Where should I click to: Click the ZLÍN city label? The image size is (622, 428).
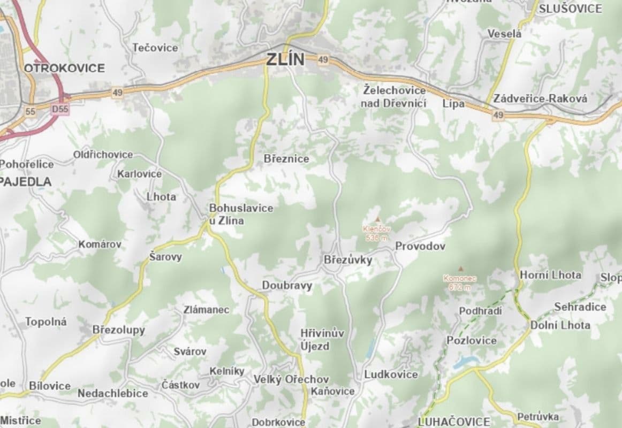(x=285, y=59)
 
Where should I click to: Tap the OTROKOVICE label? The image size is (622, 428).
(x=64, y=68)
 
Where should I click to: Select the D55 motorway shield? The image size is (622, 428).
(x=60, y=109)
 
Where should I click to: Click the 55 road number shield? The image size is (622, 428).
(x=30, y=111)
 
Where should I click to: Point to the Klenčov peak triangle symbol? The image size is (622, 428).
(x=378, y=219)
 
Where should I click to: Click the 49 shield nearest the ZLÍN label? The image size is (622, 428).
(x=322, y=60)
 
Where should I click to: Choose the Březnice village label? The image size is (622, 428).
(x=286, y=159)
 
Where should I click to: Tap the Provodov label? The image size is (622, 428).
(x=420, y=246)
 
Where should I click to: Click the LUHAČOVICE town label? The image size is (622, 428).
(x=453, y=422)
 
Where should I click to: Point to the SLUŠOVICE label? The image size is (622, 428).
(x=570, y=9)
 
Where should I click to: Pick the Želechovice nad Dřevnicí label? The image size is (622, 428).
(x=394, y=96)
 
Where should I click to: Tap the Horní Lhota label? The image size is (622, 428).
(x=550, y=275)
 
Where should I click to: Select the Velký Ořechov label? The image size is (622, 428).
(x=291, y=379)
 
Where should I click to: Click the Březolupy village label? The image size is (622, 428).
(x=119, y=330)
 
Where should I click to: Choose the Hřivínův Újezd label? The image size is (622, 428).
(x=322, y=339)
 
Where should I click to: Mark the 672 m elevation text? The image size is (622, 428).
(x=460, y=287)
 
